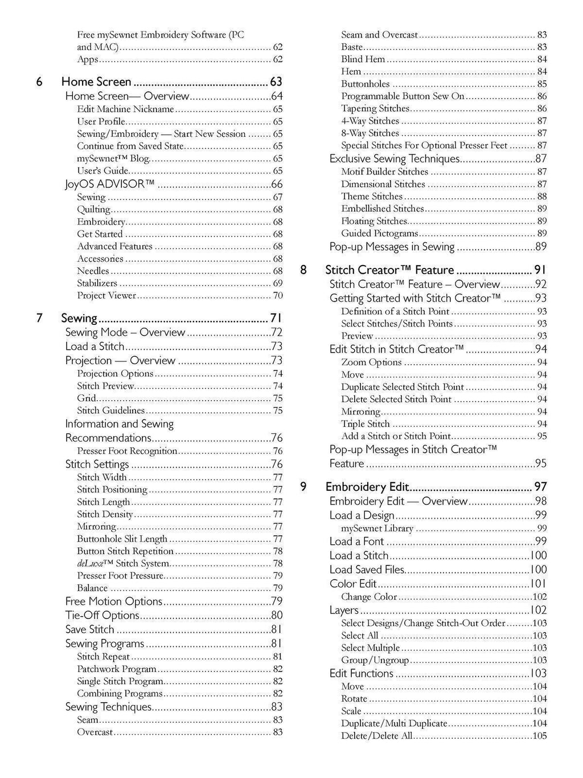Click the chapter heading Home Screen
coord(96,82)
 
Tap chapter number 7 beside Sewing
coord(39,318)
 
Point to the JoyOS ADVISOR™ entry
coord(110,184)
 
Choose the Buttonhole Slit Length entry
coord(122,539)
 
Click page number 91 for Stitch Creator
coord(540,270)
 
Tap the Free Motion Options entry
coord(114,601)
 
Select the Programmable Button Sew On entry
coord(403,96)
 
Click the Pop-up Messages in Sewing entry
coord(392,247)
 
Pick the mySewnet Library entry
coord(377,528)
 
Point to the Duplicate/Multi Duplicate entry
coord(394,723)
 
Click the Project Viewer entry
coord(106,295)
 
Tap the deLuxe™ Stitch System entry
coord(123,563)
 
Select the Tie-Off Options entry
coord(102,616)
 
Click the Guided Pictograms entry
coord(379,233)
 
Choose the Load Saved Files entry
coord(367,569)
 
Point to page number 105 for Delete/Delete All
coord(539,736)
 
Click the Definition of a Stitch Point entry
coord(395,311)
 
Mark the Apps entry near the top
coord(88,59)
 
